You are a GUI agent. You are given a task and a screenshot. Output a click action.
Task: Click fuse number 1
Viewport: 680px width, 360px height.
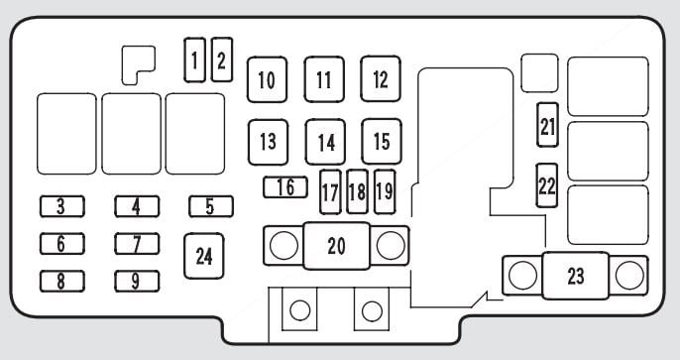(x=194, y=60)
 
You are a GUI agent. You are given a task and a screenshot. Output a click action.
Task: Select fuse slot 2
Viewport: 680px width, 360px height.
(x=222, y=60)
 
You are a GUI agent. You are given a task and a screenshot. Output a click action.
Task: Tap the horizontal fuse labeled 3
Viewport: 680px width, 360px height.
(x=62, y=206)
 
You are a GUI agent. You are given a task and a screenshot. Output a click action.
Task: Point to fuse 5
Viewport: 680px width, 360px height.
(x=211, y=206)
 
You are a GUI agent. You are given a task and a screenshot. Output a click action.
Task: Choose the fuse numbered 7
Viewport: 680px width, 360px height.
(x=137, y=244)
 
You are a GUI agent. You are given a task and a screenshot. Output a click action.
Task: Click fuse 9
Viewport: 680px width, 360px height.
(x=137, y=281)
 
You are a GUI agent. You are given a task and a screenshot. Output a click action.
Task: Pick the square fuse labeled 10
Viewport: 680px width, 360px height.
(x=268, y=79)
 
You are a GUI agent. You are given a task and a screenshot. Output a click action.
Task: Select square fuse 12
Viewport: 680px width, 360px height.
(x=381, y=79)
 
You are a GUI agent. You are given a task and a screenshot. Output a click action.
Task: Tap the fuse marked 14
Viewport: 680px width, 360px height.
(x=325, y=142)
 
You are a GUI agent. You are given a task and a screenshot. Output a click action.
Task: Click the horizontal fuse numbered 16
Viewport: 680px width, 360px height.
(x=285, y=187)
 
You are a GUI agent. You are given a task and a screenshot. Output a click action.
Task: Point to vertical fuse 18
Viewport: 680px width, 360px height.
(x=357, y=191)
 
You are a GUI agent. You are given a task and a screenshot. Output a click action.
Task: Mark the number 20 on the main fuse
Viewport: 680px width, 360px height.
(x=337, y=246)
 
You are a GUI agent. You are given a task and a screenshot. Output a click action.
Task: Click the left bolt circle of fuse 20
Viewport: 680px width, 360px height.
(x=284, y=246)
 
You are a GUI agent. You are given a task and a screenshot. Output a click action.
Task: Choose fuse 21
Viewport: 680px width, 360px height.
(x=547, y=125)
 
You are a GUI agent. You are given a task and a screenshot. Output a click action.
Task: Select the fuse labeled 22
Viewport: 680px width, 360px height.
(x=547, y=185)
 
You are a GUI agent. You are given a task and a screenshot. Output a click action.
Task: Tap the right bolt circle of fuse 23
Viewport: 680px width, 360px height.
(x=629, y=276)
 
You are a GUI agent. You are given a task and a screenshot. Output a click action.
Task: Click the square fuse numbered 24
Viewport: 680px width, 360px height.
(x=204, y=256)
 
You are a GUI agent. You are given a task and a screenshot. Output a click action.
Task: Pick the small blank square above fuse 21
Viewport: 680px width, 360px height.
(x=539, y=72)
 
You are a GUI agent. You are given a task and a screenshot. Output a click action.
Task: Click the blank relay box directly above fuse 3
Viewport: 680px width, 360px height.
(x=66, y=134)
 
